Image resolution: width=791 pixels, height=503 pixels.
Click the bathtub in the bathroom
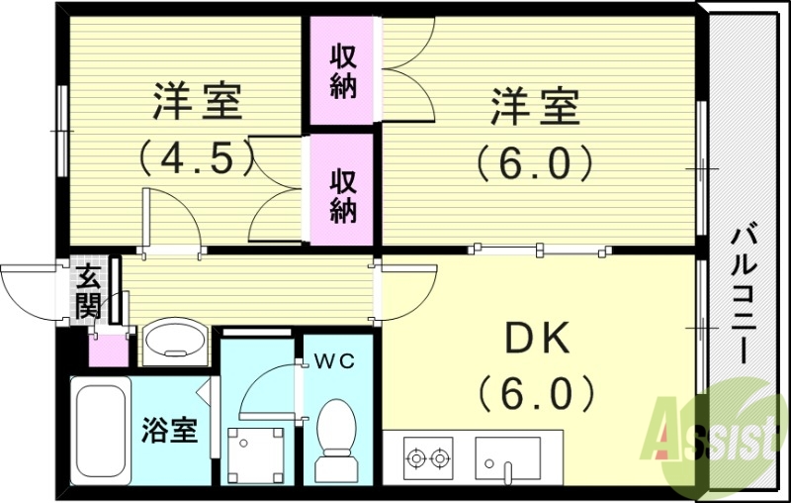pyautogui.click(x=101, y=430)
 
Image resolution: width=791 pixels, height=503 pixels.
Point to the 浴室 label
pyautogui.click(x=169, y=431)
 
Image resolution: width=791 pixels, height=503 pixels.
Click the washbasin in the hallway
pyautogui.click(x=175, y=343)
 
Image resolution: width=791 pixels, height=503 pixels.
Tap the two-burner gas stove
pyautogui.click(x=426, y=457)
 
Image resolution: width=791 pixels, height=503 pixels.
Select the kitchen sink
pyautogui.click(x=507, y=457)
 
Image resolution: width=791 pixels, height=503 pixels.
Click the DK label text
pyautogui.click(x=536, y=340)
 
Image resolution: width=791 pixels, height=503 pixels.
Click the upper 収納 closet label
pyautogui.click(x=343, y=69)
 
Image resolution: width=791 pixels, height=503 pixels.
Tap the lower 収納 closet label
pyautogui.click(x=343, y=194)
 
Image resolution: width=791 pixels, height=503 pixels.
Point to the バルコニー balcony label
pyautogui.click(x=743, y=294)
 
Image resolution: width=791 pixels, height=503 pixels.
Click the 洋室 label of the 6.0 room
pyautogui.click(x=535, y=106)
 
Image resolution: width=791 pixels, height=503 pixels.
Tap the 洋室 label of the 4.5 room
pyautogui.click(x=196, y=103)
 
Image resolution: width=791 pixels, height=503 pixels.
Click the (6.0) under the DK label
pyautogui.click(x=536, y=393)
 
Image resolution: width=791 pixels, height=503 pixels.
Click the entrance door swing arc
pyautogui.click(x=30, y=292)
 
